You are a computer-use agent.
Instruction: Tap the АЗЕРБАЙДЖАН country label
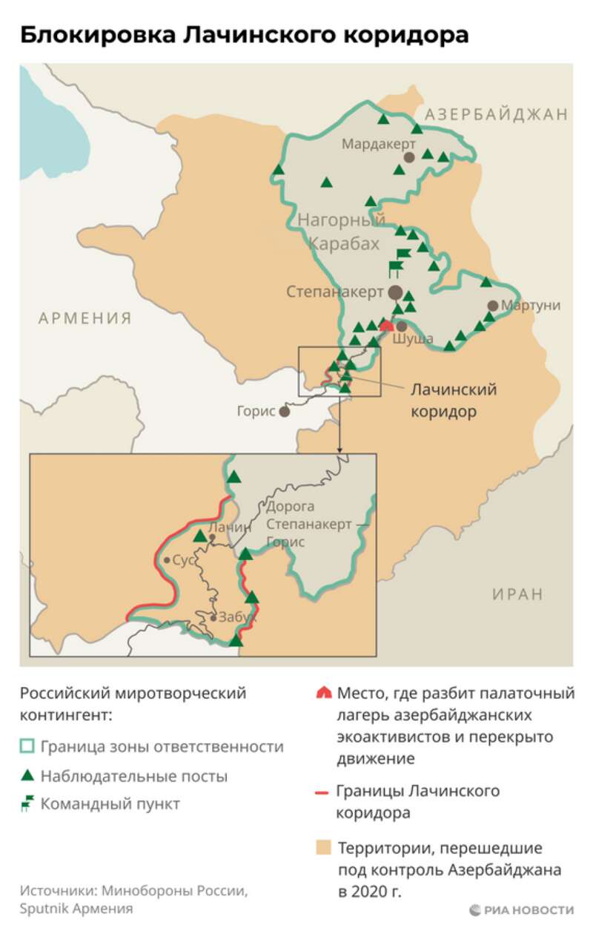[x=496, y=114]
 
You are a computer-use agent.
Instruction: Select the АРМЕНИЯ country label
[x=85, y=318]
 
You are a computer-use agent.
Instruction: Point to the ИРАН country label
[x=517, y=594]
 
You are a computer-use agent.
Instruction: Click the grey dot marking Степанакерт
[x=396, y=292]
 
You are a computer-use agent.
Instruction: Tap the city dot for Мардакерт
[x=408, y=157]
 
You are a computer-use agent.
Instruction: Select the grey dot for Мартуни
[x=492, y=305]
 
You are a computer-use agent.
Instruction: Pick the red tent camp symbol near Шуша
[x=386, y=325]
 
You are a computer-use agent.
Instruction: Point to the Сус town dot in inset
[x=167, y=560]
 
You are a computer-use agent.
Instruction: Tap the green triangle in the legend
[x=27, y=776]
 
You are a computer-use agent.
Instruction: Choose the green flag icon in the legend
[x=27, y=803]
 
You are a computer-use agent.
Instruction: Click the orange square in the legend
[x=322, y=847]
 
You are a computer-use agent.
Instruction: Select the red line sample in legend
[x=322, y=792]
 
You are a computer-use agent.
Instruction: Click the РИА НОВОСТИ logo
[x=521, y=910]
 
